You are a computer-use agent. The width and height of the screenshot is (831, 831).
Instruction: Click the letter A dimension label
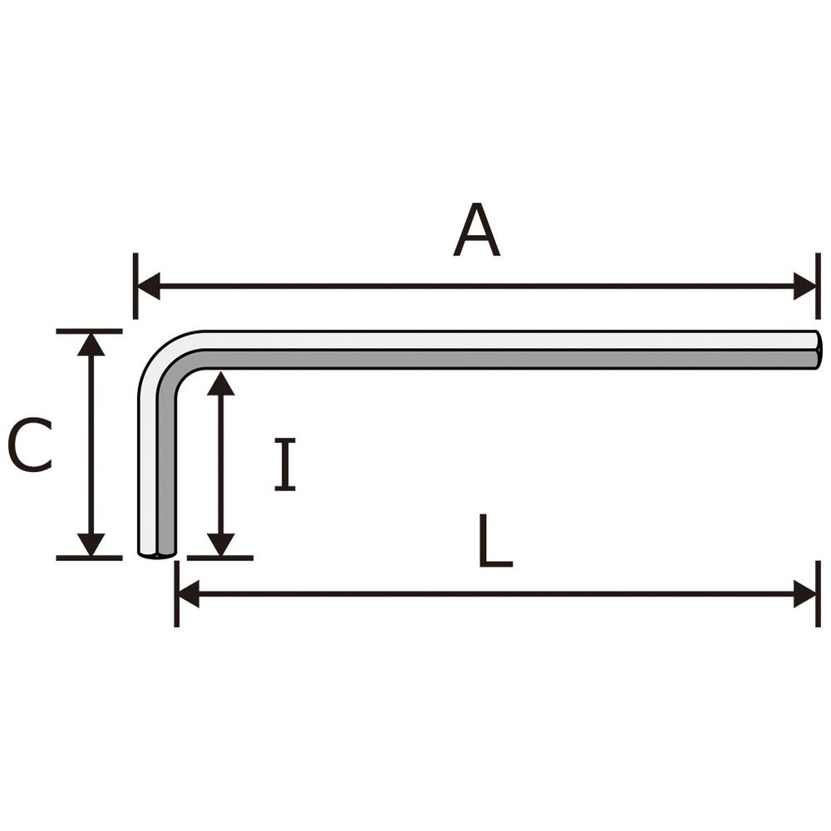point(476,229)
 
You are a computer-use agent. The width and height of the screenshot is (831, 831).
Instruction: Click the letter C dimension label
point(30,445)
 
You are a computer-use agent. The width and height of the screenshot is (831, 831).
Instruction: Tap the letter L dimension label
point(495,540)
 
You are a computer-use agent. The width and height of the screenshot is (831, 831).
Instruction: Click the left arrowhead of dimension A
point(149,286)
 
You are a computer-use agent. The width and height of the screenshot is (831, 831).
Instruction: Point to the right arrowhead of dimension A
point(804,286)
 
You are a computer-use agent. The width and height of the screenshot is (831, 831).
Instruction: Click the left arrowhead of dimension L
point(188,594)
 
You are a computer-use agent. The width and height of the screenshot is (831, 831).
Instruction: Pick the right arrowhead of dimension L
point(804,594)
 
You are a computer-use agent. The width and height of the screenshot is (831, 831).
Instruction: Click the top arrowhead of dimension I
point(220,383)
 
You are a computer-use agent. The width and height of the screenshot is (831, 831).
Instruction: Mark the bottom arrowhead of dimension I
point(220,545)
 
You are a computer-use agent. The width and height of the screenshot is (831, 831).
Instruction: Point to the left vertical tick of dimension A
point(135,286)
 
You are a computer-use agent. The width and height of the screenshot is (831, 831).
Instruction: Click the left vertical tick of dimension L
point(176,594)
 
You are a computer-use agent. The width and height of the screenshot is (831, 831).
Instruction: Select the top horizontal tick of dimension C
point(89,332)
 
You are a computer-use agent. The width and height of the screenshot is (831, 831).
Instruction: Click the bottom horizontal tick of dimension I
point(220,558)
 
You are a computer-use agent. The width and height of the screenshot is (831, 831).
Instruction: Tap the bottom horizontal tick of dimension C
point(89,558)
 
